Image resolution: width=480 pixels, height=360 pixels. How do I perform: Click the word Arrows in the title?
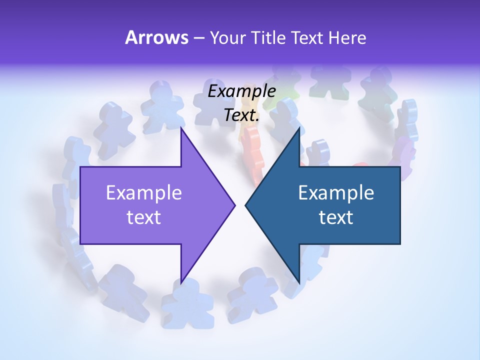(156, 37)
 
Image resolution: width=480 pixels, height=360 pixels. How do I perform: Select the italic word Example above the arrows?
(242, 91)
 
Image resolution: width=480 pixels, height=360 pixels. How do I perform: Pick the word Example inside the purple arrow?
(144, 193)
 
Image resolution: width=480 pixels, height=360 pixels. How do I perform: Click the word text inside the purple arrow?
(144, 217)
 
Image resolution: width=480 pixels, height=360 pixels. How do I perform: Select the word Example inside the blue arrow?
(336, 193)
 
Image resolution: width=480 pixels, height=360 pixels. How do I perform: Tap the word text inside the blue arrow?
(336, 217)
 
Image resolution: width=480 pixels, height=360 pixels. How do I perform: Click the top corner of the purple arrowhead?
(181, 129)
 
